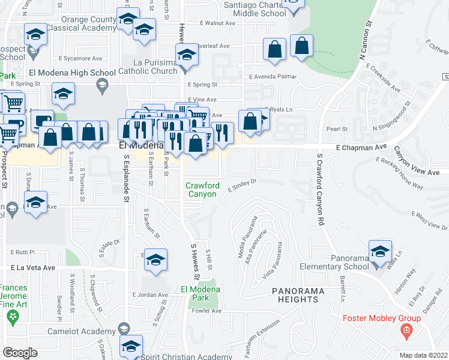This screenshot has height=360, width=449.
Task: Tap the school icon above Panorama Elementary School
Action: pyautogui.click(x=380, y=252)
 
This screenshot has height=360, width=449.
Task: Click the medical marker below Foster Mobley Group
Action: pyautogui.click(x=407, y=331)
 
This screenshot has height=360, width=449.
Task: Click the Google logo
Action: pyautogui.click(x=20, y=353)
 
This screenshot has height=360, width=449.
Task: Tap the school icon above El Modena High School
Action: pyautogui.click(x=63, y=94)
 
